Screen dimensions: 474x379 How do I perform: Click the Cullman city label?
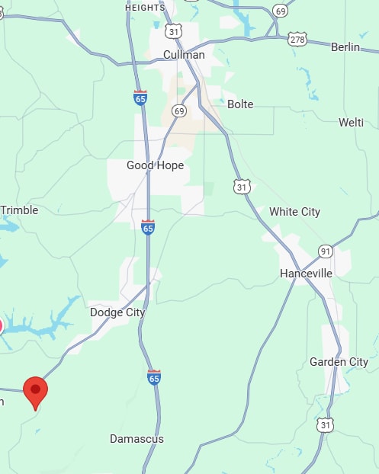(185, 55)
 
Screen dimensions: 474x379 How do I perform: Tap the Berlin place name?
(345, 47)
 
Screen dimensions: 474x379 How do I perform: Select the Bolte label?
(240, 104)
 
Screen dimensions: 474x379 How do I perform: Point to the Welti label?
(351, 122)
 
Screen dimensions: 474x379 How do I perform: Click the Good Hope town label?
(155, 165)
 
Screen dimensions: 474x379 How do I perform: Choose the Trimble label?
(18, 210)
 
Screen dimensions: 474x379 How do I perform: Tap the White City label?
(294, 212)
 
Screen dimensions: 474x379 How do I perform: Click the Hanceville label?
(306, 273)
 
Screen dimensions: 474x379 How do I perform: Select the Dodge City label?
(117, 312)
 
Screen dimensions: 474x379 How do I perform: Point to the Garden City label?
(339, 362)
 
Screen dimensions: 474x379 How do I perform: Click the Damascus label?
(137, 439)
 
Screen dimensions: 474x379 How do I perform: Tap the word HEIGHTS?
(145, 7)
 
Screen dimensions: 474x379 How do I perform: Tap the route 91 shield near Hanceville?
(326, 251)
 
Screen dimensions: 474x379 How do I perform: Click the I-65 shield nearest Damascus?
(154, 377)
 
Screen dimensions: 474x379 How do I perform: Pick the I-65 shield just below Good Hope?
(148, 227)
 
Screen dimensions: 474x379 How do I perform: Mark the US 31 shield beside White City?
(242, 187)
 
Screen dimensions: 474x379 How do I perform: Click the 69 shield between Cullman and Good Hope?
(179, 111)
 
